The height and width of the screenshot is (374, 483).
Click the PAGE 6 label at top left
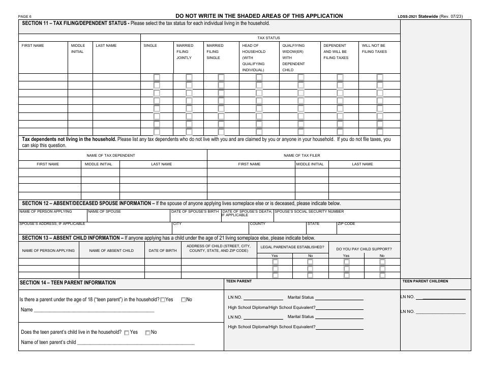(x=24, y=17)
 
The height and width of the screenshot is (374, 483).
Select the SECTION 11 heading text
(x=75, y=23)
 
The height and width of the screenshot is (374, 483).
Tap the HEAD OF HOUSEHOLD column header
(x=253, y=57)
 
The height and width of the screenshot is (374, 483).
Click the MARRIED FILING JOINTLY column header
(x=185, y=51)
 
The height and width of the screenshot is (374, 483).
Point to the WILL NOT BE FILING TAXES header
(x=374, y=48)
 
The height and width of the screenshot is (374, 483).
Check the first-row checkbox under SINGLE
(x=157, y=77)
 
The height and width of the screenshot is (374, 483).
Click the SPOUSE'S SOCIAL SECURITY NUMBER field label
(x=310, y=211)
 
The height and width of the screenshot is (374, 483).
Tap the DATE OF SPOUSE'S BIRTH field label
(x=195, y=211)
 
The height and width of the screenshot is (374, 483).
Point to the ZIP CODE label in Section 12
(x=346, y=224)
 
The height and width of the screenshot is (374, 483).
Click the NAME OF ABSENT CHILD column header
(x=111, y=250)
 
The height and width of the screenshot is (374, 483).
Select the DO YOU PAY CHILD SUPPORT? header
(x=364, y=248)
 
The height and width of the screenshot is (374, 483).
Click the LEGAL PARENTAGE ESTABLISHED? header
(x=292, y=246)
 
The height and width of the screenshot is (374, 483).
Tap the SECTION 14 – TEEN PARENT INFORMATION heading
(x=68, y=282)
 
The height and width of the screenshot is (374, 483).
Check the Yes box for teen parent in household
(x=163, y=300)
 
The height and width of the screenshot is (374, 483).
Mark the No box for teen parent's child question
(x=148, y=333)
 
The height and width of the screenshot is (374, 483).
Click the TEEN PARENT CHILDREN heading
(x=425, y=281)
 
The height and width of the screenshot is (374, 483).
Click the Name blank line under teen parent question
(x=94, y=310)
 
